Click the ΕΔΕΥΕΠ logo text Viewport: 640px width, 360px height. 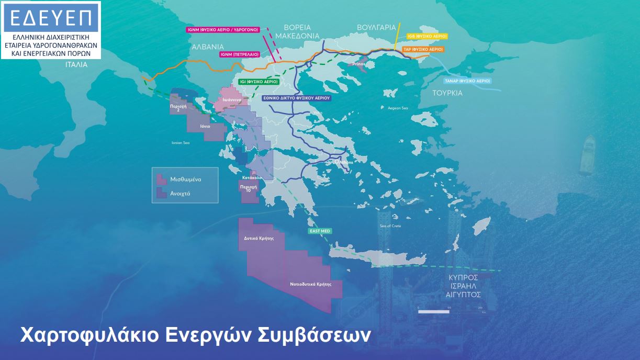tap(50, 18)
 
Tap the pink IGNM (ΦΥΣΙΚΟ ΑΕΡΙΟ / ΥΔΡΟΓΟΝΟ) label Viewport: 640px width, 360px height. tap(223, 30)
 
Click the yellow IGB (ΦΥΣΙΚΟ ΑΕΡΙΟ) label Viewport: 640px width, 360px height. tap(427, 36)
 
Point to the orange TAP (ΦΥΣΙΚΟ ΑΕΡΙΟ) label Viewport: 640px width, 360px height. tap(423, 49)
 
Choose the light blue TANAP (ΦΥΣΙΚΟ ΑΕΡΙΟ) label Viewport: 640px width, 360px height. tap(467, 81)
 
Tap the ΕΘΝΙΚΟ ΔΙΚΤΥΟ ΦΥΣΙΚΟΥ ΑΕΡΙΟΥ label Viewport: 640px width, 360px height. tap(296, 98)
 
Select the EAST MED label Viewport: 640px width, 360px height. tap(320, 231)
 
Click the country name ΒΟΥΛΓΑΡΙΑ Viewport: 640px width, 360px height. tap(376, 27)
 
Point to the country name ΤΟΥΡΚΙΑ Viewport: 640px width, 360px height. tap(447, 93)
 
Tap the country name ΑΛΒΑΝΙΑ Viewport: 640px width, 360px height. tap(208, 46)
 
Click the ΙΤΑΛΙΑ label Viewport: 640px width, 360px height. tap(76, 65)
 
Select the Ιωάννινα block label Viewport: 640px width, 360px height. tap(231, 99)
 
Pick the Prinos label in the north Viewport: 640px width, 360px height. tap(358, 64)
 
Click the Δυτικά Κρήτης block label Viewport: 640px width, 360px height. tap(259, 238)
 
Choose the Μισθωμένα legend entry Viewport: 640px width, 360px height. tap(185, 179)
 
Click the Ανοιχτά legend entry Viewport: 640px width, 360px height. tap(180, 193)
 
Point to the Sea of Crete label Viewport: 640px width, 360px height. tap(390, 226)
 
